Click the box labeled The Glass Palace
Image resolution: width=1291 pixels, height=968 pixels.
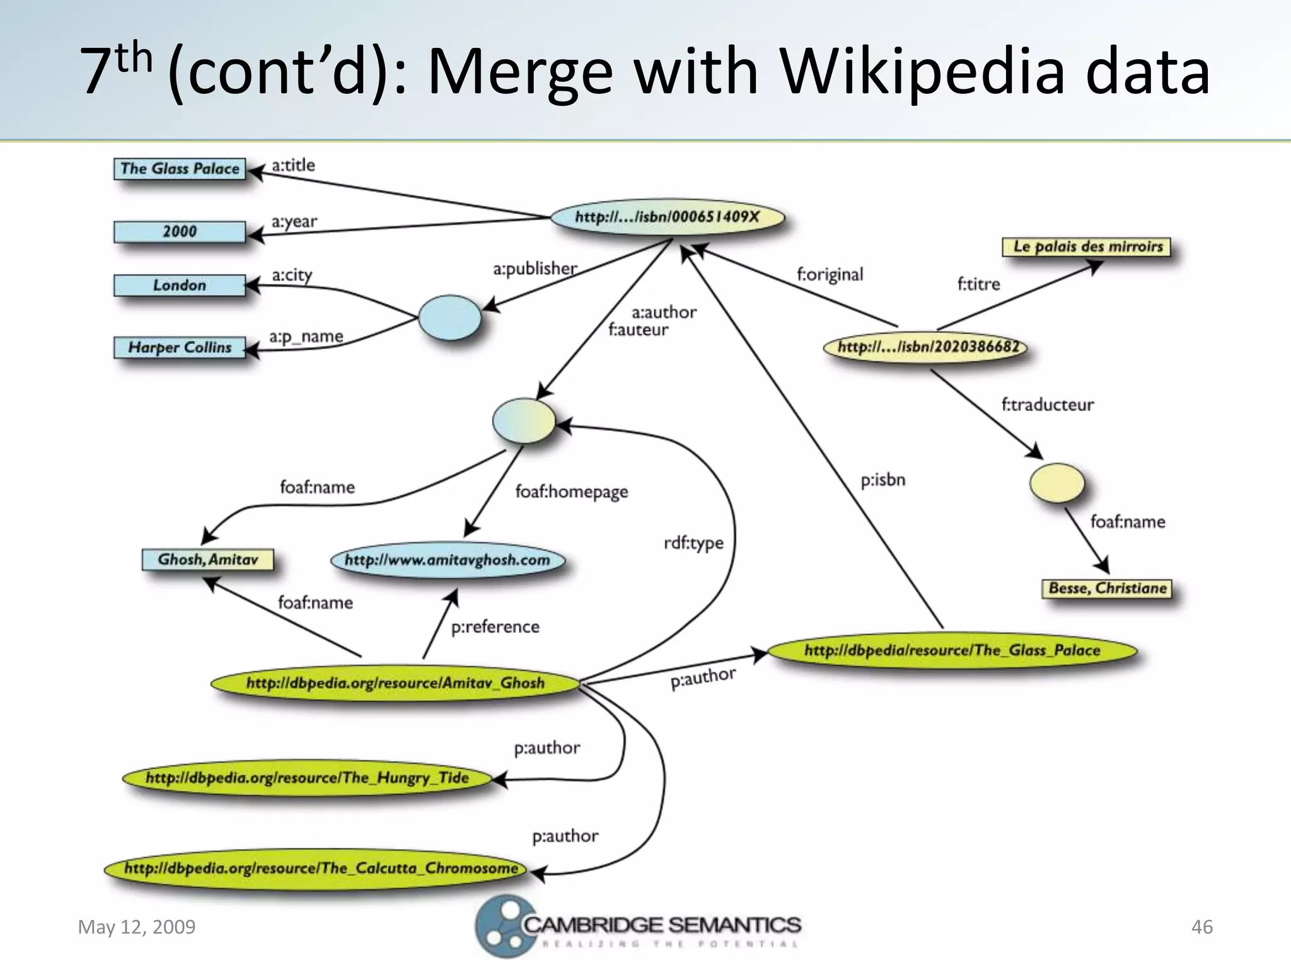[180, 169]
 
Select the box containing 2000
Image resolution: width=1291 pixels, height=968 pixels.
[180, 231]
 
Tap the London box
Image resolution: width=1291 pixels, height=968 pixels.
[180, 285]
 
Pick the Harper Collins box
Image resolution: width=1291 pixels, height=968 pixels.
[180, 347]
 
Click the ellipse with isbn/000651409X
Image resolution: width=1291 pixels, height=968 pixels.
[668, 217]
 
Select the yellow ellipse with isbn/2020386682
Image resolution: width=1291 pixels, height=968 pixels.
[927, 347]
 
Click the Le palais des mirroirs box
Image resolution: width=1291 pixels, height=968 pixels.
[1087, 246]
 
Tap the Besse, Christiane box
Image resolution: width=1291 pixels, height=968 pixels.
[1107, 588]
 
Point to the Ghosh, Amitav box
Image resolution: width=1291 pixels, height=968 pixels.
[208, 560]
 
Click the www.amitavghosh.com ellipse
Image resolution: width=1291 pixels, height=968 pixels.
[448, 560]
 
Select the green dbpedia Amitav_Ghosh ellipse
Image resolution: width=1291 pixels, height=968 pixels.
[395, 683]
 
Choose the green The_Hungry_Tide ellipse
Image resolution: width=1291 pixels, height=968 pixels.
[307, 778]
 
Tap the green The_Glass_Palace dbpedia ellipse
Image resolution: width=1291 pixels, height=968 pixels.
[952, 650]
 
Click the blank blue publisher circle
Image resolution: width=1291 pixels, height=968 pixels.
[449, 318]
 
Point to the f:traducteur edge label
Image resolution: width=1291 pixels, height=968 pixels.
[1047, 405]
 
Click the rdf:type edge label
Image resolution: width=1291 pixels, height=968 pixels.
[693, 543]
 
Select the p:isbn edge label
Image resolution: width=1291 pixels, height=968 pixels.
[883, 480]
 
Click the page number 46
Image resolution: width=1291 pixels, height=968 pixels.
[1201, 927]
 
